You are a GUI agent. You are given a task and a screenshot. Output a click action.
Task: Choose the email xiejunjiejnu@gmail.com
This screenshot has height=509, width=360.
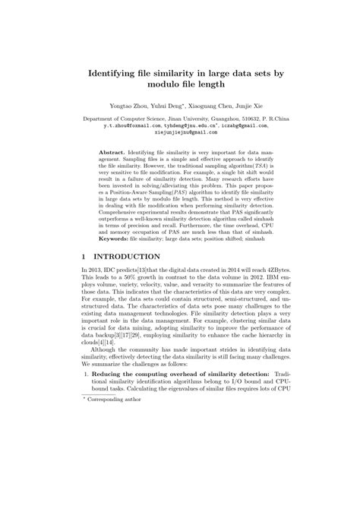click(180, 133)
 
